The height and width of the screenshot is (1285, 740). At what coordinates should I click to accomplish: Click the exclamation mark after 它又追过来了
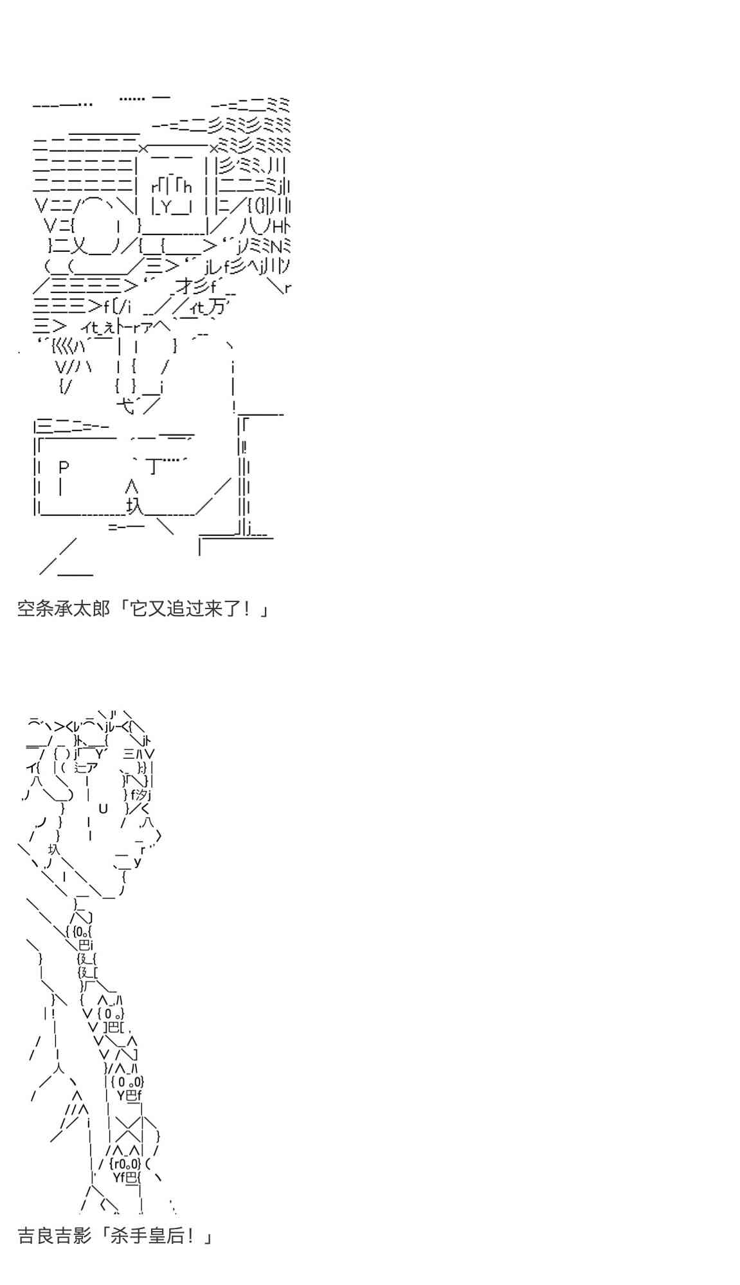tap(249, 608)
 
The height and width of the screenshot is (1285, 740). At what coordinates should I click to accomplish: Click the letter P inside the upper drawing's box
tap(63, 467)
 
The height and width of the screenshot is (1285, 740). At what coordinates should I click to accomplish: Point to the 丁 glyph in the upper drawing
tap(153, 466)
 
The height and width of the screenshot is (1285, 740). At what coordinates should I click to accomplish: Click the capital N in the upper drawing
tap(275, 245)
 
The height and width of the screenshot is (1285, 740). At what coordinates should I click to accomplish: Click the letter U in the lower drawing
tap(103, 808)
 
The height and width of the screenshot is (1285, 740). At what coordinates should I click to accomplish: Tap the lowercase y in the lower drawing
tap(137, 862)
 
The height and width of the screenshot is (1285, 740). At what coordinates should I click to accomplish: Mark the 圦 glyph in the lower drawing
tap(53, 849)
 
